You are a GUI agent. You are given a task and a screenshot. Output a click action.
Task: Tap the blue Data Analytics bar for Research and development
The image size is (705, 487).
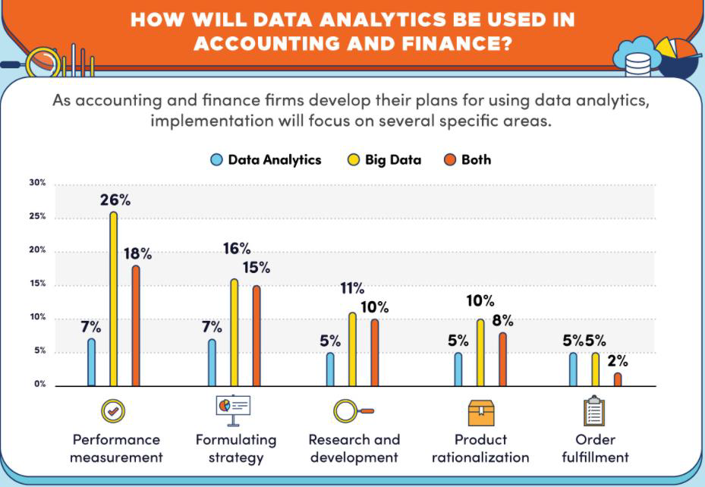pyautogui.click(x=330, y=369)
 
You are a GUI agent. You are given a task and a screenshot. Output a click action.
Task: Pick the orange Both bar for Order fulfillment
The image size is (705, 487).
pyautogui.click(x=618, y=379)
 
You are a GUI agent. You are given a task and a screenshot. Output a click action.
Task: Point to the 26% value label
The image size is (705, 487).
pyautogui.click(x=115, y=200)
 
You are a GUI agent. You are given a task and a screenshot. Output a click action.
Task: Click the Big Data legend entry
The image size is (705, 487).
pyautogui.click(x=385, y=159)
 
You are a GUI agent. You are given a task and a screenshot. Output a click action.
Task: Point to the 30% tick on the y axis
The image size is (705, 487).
pyautogui.click(x=38, y=183)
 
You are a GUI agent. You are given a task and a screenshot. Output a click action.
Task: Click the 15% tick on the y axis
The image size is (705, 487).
pyautogui.click(x=38, y=284)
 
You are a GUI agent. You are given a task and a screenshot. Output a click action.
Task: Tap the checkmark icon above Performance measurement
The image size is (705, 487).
pyautogui.click(x=113, y=411)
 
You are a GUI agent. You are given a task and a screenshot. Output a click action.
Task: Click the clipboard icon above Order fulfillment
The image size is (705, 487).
pyautogui.click(x=593, y=411)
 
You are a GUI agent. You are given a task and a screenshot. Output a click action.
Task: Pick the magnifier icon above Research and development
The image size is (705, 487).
pyautogui.click(x=352, y=411)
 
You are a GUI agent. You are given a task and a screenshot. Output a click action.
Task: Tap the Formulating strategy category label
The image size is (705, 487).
pyautogui.click(x=236, y=448)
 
